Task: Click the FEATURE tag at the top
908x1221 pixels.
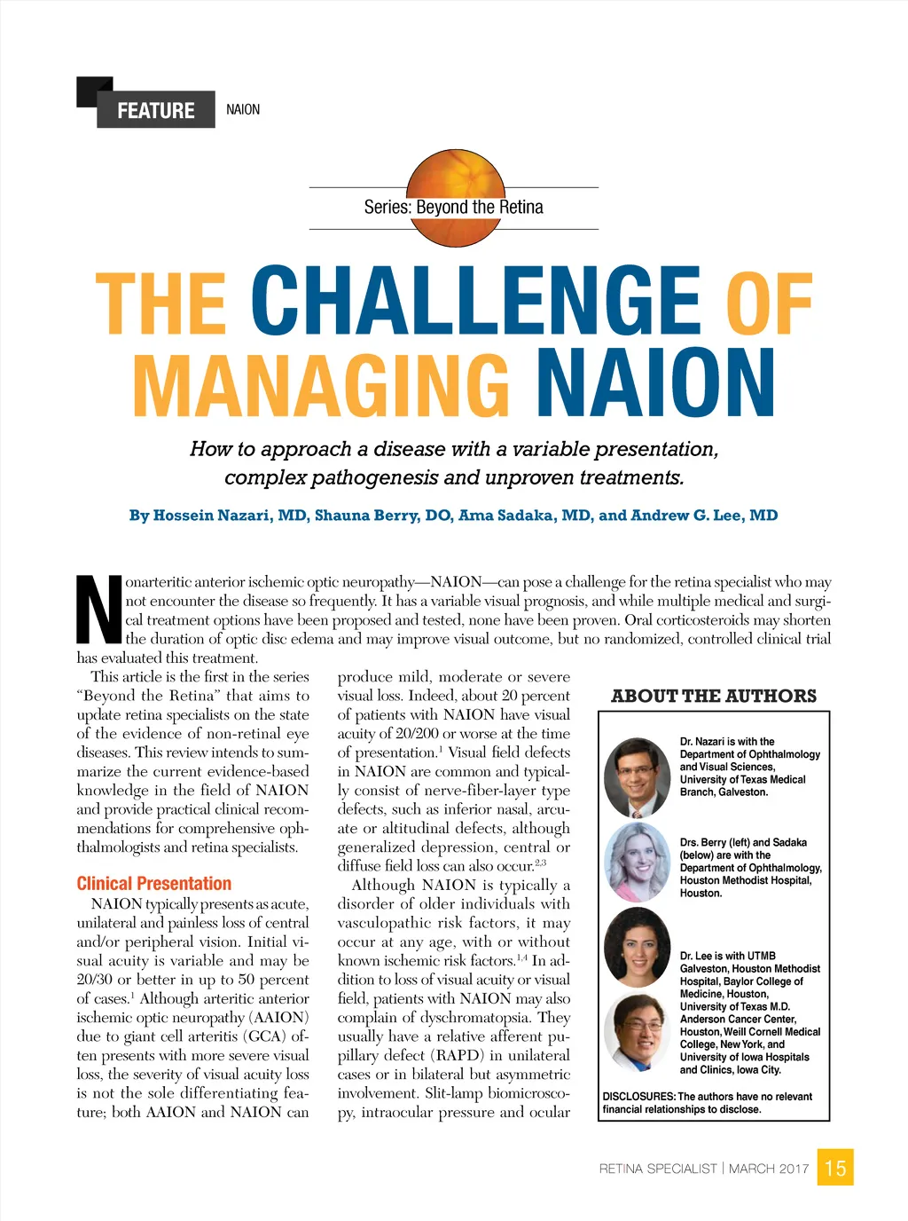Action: point(156,110)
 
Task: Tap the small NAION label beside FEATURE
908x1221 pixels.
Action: point(243,109)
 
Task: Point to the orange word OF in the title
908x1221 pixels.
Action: point(769,303)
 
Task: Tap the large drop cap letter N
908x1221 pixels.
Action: point(98,610)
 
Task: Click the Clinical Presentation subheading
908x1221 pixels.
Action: point(153,883)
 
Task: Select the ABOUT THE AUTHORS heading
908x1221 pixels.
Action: point(714,696)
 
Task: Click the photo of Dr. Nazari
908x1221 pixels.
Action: point(637,778)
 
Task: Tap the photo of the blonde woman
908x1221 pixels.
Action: point(637,862)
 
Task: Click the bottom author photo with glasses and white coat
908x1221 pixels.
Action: point(637,1033)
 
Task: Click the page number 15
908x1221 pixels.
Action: point(835,1168)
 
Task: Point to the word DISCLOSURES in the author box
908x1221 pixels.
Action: point(638,1097)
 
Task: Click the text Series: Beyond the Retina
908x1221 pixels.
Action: point(453,208)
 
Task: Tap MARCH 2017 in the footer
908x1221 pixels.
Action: point(768,1169)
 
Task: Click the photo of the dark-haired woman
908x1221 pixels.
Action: point(637,947)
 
